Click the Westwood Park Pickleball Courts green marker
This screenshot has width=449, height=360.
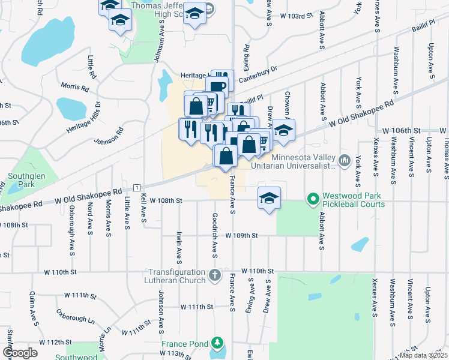pos(312,197)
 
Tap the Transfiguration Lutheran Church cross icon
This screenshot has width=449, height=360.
pos(215,276)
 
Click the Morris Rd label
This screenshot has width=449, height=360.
pos(74,88)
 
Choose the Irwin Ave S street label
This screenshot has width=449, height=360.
pos(179,247)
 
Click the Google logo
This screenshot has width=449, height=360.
pos(20,352)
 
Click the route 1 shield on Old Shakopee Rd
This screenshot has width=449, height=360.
pos(137,188)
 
